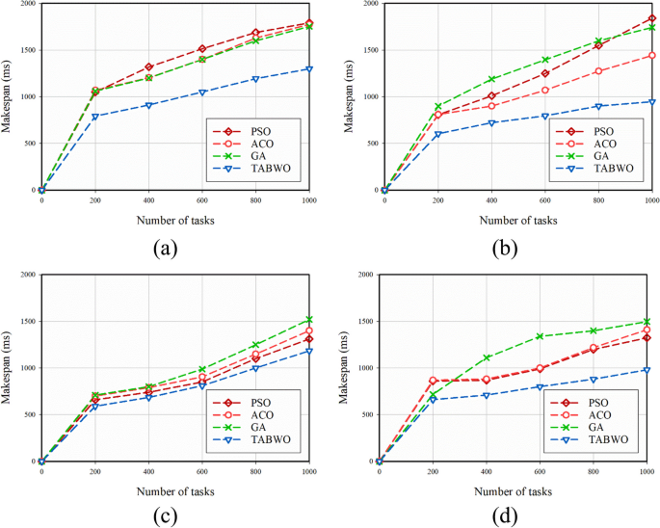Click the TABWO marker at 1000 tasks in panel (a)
309,69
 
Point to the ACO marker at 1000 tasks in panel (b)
651,56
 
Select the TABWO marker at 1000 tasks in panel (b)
651,102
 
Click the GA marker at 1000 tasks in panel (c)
309,320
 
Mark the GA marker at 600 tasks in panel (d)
540,336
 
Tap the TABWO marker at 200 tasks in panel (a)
94,117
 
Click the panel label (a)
165,249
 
